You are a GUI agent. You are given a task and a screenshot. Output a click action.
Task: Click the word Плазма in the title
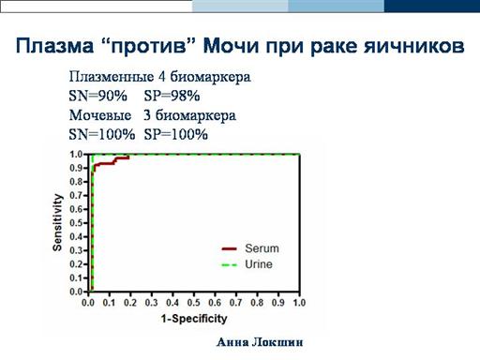pos(54,46)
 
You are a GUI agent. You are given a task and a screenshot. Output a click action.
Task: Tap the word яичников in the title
pos(413,46)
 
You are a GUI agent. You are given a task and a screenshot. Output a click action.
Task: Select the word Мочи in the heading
pos(231,46)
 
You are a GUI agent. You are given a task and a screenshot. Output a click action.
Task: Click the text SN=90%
pos(97,96)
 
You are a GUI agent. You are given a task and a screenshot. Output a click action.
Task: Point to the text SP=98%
pos(172,96)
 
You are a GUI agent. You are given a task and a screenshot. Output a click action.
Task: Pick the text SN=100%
pos(102,135)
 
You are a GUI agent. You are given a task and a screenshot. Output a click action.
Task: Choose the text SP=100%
pos(175,135)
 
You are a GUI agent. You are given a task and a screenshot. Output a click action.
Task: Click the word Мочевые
pos(100,115)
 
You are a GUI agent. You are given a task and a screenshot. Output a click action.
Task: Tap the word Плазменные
pos(112,77)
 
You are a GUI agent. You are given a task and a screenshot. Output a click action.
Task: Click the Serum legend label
pos(262,248)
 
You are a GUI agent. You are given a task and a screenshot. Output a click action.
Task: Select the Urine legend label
pos(259,264)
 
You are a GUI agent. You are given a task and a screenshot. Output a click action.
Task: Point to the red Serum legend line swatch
pos(230,248)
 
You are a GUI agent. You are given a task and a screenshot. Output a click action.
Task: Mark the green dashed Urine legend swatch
pos(230,265)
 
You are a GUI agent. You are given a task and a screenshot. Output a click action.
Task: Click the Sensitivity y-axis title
pos(57,222)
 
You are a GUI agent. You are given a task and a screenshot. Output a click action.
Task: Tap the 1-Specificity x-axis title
pos(194,319)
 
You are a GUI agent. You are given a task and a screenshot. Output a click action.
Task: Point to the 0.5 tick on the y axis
pos(77,223)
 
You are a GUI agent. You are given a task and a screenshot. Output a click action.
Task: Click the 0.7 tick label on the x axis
pos(236,303)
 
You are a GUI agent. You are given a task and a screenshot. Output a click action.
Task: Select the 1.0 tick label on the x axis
pos(299,303)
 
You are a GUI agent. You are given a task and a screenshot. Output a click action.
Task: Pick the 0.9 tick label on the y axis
pos(77,168)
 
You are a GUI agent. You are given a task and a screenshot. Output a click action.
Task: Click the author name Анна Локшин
pos(260,342)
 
